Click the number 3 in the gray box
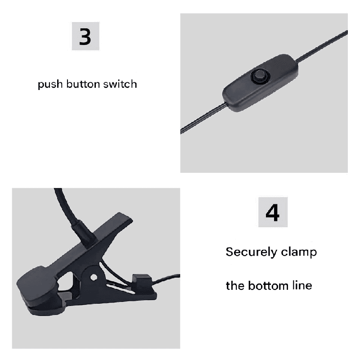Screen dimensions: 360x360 pyautogui.click(x=85, y=36)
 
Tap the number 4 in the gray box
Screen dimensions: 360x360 pyautogui.click(x=273, y=212)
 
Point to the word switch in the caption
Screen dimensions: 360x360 pyautogui.click(x=120, y=84)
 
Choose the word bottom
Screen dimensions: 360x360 pyautogui.click(x=268, y=286)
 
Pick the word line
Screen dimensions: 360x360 pyautogui.click(x=302, y=286)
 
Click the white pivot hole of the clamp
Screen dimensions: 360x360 pyautogui.click(x=94, y=278)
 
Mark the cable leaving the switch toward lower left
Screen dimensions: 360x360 pyautogui.click(x=203, y=118)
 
